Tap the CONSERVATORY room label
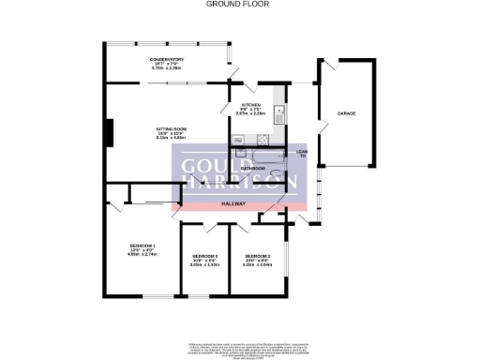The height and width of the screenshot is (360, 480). tap(165, 59)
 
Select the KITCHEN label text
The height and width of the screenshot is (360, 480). tap(250, 104)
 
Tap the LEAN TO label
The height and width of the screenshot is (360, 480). tap(302, 153)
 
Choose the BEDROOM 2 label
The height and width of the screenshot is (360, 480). tap(257, 256)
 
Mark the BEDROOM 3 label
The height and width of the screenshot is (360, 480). tap(204, 256)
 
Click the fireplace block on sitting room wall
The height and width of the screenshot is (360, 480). tap(110, 132)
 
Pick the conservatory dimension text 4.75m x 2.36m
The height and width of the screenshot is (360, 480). tap(165, 68)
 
